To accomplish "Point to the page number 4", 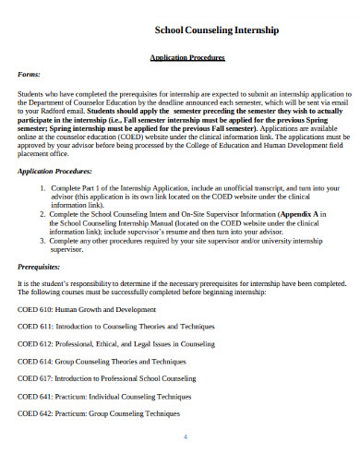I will click(x=186, y=436).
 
